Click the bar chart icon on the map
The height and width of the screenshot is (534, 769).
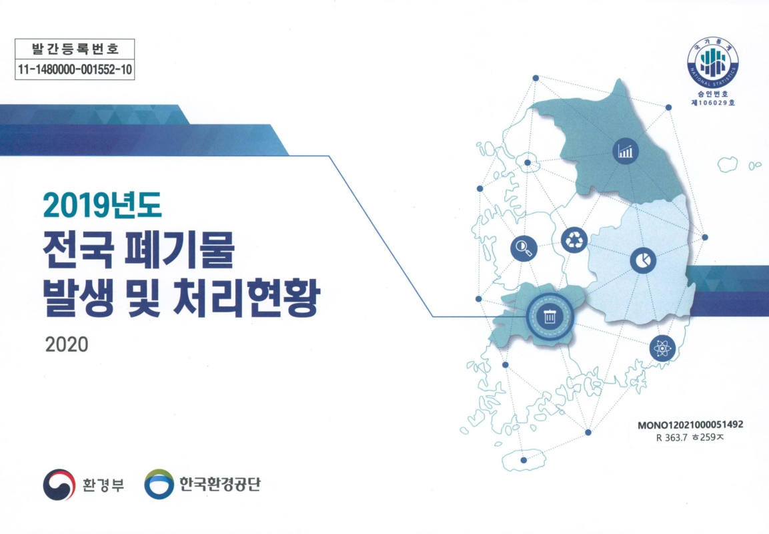[x=625, y=152]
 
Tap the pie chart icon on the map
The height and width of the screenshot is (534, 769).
[x=642, y=259]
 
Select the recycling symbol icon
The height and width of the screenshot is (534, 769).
[x=574, y=240]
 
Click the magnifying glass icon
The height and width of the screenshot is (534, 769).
[x=524, y=249]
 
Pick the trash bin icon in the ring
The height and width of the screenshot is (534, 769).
[x=549, y=316]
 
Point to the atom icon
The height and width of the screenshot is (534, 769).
[x=662, y=347]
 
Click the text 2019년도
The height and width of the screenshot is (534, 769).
[x=102, y=206]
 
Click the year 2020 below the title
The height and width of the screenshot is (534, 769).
[x=67, y=344]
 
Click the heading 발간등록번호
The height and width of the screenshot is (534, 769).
[x=75, y=49]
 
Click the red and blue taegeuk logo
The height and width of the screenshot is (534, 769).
[x=58, y=484]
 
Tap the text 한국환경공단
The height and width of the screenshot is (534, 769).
[x=219, y=484]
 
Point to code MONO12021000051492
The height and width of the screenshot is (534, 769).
[x=690, y=425]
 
